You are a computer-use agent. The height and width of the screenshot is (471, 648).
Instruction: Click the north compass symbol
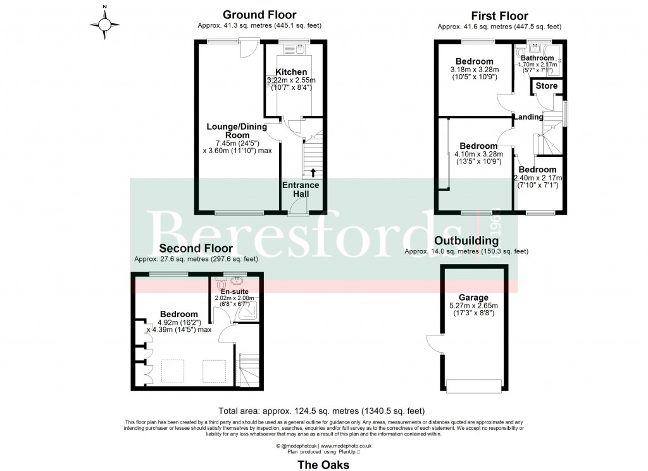tap(105, 25)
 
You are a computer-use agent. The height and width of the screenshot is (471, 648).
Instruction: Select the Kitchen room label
tap(291, 72)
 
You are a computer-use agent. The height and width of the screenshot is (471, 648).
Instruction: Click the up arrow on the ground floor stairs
tap(311, 172)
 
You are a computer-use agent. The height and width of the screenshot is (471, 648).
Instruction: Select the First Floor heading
tap(500, 16)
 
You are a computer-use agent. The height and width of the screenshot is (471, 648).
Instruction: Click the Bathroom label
tap(537, 58)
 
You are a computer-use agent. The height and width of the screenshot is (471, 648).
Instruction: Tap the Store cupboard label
tap(547, 86)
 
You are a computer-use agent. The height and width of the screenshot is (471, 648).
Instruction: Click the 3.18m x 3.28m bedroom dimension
tap(475, 70)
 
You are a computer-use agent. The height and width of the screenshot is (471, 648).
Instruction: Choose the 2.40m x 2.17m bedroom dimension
tap(537, 178)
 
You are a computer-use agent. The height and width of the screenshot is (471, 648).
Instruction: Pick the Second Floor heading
tap(196, 248)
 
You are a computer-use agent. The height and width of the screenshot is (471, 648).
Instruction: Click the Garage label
tap(473, 298)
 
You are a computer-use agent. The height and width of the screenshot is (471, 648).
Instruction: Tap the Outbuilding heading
tap(466, 241)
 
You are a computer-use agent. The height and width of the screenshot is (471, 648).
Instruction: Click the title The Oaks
tap(323, 464)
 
